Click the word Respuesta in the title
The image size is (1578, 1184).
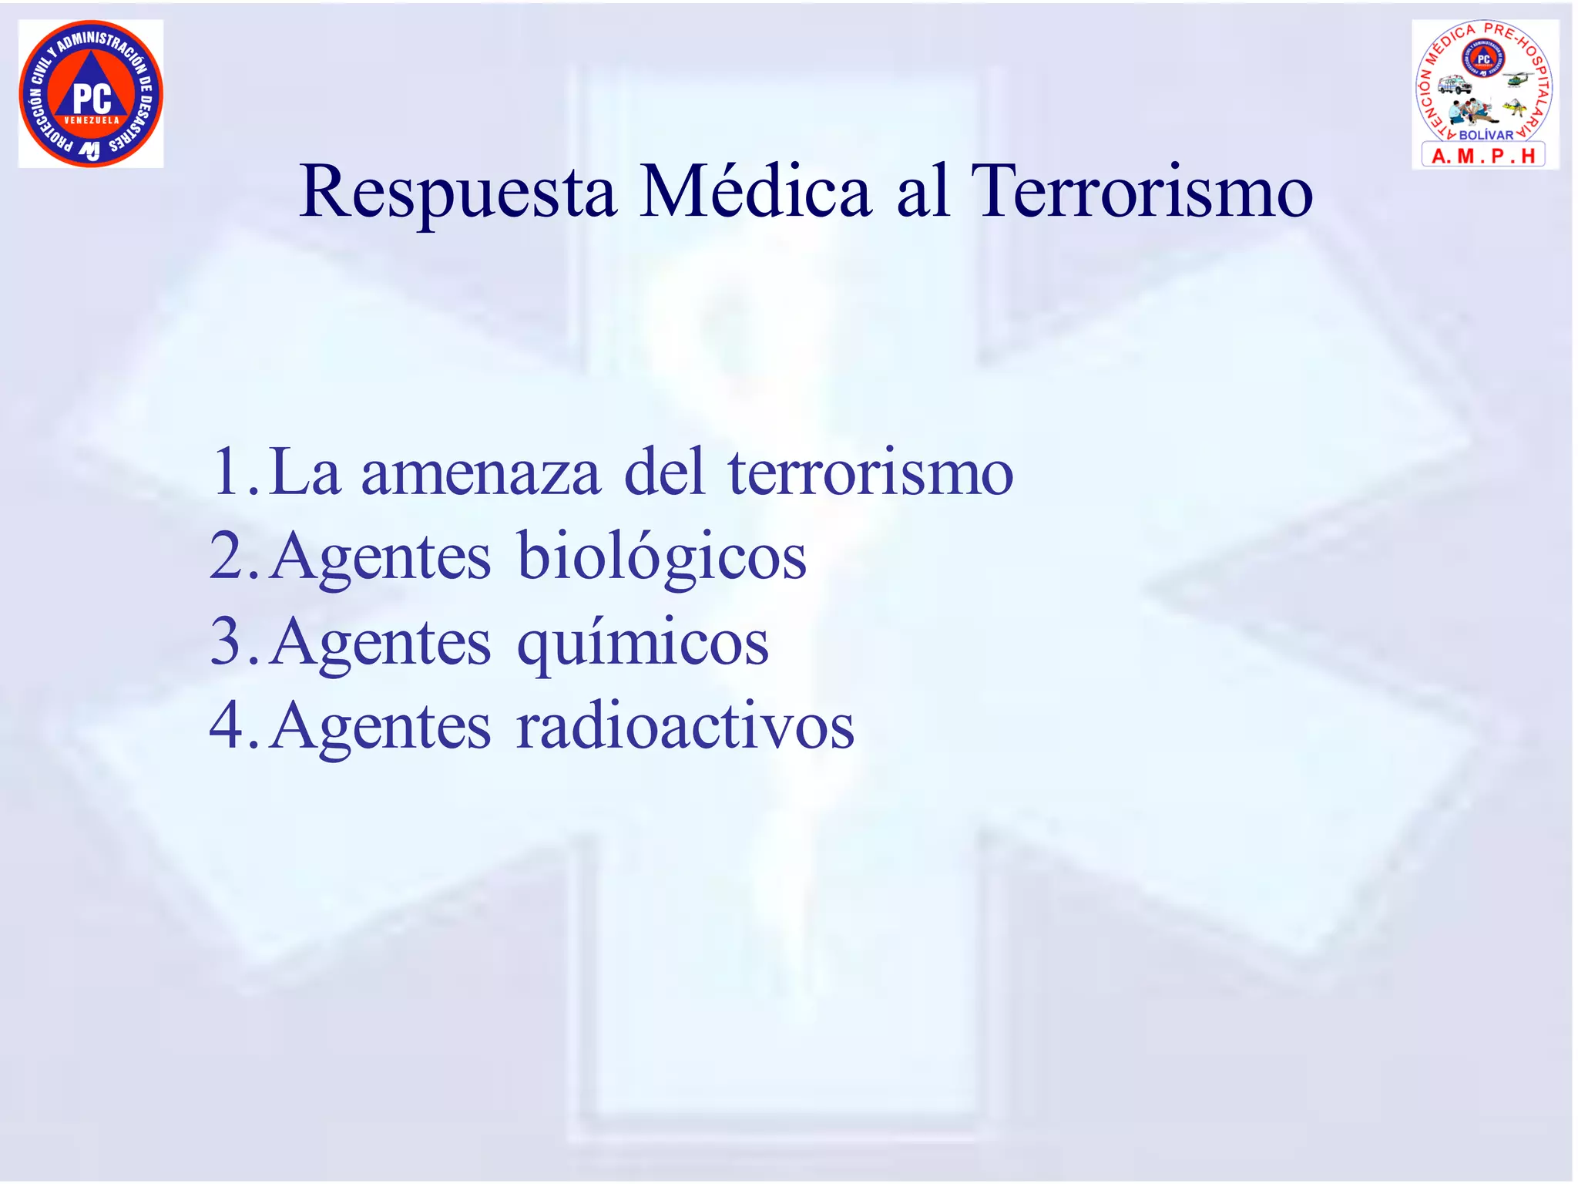coord(458,193)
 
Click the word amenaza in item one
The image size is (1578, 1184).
coord(480,473)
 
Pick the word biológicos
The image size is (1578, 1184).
coord(661,558)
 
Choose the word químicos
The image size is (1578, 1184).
coord(642,644)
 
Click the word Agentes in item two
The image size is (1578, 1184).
coord(381,558)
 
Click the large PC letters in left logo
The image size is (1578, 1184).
coord(92,98)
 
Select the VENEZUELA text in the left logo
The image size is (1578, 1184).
coord(92,121)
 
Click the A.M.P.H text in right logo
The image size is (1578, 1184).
coord(1483,156)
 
